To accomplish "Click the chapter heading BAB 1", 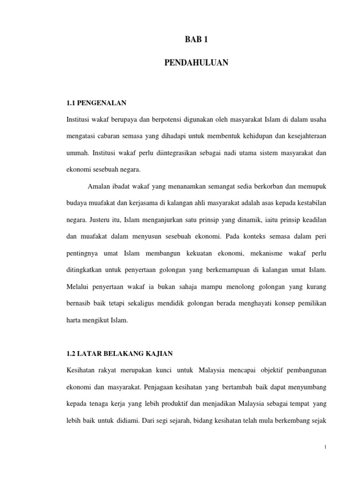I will click(x=196, y=40).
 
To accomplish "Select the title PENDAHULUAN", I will click(x=196, y=62).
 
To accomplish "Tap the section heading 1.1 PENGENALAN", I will click(x=97, y=102).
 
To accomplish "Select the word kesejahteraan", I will click(x=301, y=136).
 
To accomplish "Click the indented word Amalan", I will click(x=98, y=187).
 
